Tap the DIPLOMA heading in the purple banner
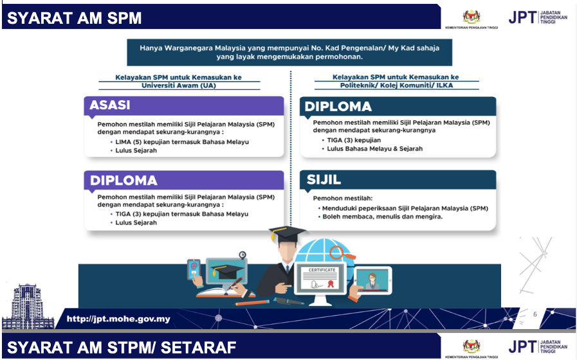[124, 181]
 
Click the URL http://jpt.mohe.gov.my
[118, 318]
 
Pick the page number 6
[535, 314]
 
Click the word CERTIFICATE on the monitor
[322, 270]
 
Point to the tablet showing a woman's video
[373, 279]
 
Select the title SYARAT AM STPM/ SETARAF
[122, 348]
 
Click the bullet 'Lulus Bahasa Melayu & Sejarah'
[374, 148]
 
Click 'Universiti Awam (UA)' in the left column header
[179, 85]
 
